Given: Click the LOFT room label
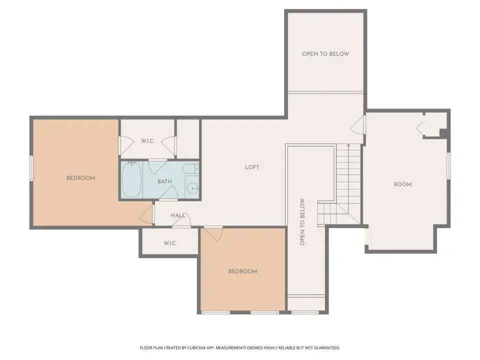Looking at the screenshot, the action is pyautogui.click(x=252, y=167).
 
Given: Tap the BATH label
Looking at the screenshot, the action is pyautogui.click(x=164, y=181).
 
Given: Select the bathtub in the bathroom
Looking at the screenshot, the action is pyautogui.click(x=132, y=180).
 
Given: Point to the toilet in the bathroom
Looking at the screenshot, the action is pyautogui.click(x=190, y=169).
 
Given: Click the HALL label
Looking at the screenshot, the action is pyautogui.click(x=178, y=215).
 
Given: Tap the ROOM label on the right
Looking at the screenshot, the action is pyautogui.click(x=402, y=184).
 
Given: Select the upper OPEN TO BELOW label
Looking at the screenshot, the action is pyautogui.click(x=325, y=54).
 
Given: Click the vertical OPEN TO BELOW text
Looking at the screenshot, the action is pyautogui.click(x=302, y=222).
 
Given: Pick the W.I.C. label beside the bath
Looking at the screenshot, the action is pyautogui.click(x=147, y=141).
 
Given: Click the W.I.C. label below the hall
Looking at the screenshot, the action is pyautogui.click(x=170, y=243).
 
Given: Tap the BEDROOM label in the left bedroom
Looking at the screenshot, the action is pyautogui.click(x=81, y=178).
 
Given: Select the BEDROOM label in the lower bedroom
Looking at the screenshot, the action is pyautogui.click(x=243, y=271).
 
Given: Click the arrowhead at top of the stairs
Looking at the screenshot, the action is pyautogui.click(x=348, y=145).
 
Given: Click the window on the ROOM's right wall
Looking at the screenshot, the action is pyautogui.click(x=448, y=165).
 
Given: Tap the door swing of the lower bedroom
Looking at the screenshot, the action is pyautogui.click(x=213, y=234).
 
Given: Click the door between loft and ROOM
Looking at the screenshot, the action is pyautogui.click(x=358, y=124).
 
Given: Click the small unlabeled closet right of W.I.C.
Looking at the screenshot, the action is pyautogui.click(x=188, y=138).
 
